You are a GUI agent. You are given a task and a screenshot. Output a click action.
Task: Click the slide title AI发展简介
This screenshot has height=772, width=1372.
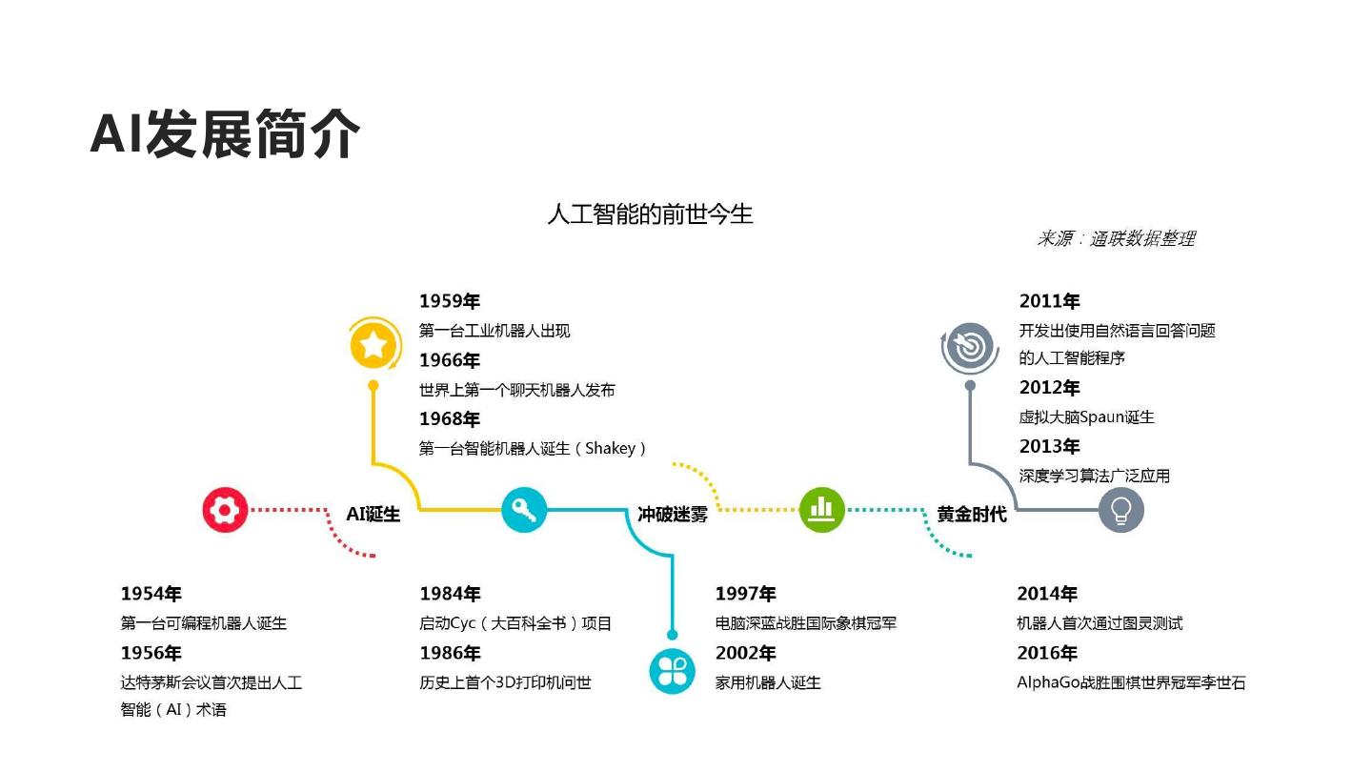pos(225,133)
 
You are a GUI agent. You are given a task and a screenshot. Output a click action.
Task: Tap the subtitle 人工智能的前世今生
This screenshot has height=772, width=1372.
pos(650,213)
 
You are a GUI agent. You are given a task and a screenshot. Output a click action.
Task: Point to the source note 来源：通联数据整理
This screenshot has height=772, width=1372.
pos(1115,238)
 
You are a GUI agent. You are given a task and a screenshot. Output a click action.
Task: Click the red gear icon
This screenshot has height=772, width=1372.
pos(225,510)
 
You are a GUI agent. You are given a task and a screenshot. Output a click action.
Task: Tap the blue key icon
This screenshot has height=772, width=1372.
pos(524,510)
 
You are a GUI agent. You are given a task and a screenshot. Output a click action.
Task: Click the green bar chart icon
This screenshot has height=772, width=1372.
pos(821,510)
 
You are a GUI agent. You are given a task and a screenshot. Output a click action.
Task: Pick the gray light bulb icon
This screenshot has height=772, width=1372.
pos(1120,510)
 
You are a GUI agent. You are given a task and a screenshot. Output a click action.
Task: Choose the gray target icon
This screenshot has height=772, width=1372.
pos(970,347)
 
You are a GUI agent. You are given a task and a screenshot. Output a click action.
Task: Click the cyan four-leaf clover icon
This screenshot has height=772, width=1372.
pos(672,671)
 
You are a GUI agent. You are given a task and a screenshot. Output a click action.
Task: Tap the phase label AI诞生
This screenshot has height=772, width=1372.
pos(373,515)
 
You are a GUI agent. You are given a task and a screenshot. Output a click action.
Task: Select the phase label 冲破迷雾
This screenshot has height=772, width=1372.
pos(673,515)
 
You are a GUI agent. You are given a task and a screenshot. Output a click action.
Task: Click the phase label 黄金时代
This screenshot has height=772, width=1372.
pos(971,515)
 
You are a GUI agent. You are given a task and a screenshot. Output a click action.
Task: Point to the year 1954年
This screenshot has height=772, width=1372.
pos(151,594)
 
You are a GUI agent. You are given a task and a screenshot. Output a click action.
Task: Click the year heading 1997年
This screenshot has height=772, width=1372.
pos(745,594)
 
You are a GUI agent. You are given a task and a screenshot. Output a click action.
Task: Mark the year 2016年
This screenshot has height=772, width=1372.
pos(1046,653)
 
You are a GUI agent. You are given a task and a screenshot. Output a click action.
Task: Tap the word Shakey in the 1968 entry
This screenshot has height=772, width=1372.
pos(610,448)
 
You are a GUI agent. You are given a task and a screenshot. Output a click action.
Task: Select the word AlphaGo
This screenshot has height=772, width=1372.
pos(1048,682)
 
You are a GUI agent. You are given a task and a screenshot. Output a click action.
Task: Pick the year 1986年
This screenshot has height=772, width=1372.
pos(450,653)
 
